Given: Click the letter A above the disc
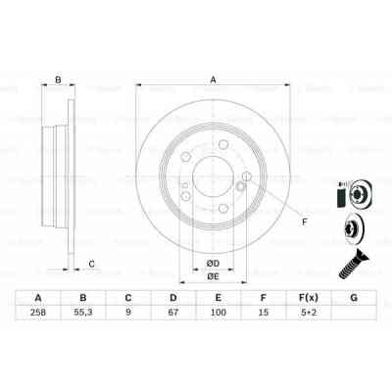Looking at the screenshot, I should click(x=213, y=82).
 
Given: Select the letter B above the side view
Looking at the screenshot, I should click(x=59, y=81).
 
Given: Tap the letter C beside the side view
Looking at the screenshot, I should click(x=91, y=263).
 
